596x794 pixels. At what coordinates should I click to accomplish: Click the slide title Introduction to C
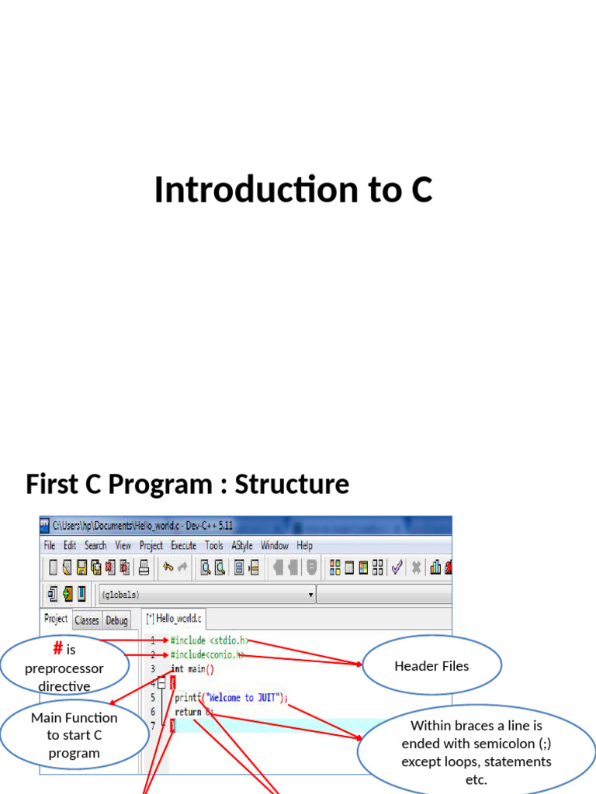click(293, 190)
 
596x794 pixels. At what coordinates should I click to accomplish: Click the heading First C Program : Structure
click(187, 484)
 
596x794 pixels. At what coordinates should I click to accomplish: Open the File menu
click(50, 545)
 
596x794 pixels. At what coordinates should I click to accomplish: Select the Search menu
click(95, 545)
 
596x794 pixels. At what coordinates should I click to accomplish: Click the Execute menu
click(183, 545)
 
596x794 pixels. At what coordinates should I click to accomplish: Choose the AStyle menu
click(241, 545)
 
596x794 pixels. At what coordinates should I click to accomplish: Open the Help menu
click(304, 545)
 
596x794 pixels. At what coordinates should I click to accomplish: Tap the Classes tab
click(87, 620)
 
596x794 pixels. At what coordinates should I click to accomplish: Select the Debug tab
click(116, 620)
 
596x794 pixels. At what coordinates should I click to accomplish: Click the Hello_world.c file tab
click(175, 619)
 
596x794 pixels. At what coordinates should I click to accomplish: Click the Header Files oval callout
click(431, 665)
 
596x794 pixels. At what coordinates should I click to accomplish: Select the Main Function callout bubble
click(74, 735)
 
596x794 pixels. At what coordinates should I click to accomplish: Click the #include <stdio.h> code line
click(210, 640)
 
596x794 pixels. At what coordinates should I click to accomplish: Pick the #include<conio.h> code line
click(207, 654)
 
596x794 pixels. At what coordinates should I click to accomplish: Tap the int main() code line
click(192, 668)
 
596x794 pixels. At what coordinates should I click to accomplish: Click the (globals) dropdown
click(206, 595)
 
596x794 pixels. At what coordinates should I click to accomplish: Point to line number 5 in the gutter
click(153, 697)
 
